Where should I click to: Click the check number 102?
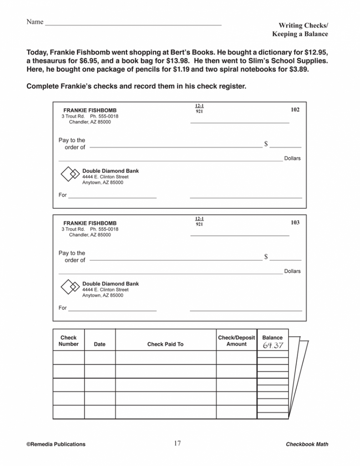pyautogui.click(x=295, y=110)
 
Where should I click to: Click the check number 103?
pyautogui.click(x=295, y=223)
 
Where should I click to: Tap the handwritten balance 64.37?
pyautogui.click(x=273, y=345)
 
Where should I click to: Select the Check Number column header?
pyautogui.click(x=69, y=341)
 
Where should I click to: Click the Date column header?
pyautogui.click(x=99, y=344)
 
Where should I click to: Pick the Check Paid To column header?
pyautogui.click(x=165, y=344)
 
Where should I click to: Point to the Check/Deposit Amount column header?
pyautogui.click(x=236, y=341)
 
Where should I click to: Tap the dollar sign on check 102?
pyautogui.click(x=266, y=144)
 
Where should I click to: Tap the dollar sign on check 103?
pyautogui.click(x=266, y=257)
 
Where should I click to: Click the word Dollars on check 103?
pyautogui.click(x=292, y=271)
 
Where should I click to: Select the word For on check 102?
pyautogui.click(x=62, y=195)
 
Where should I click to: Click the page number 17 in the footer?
pyautogui.click(x=177, y=444)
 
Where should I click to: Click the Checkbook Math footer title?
pyautogui.click(x=307, y=444)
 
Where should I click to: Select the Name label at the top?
pyautogui.click(x=35, y=22)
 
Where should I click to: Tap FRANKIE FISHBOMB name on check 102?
pyautogui.click(x=90, y=110)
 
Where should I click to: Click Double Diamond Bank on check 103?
pyautogui.click(x=111, y=284)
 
